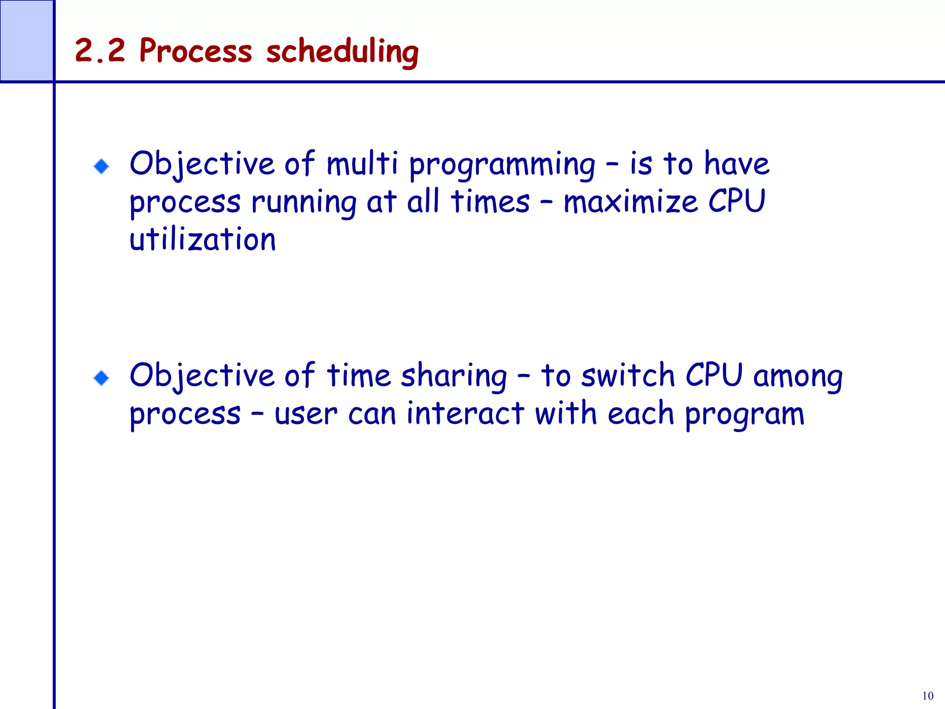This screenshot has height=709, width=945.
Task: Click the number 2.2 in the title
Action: point(100,51)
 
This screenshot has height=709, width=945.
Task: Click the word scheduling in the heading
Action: point(342,52)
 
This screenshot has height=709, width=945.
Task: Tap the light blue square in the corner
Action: point(27,41)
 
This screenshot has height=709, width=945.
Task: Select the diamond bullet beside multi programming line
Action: point(101,166)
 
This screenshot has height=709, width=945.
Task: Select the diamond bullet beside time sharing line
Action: point(101,378)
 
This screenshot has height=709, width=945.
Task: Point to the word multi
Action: point(362,164)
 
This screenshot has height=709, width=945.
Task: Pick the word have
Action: point(737,164)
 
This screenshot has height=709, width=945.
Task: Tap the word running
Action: point(304,203)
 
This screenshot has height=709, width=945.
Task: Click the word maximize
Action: point(630,202)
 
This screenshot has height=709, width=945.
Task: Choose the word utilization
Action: point(203,240)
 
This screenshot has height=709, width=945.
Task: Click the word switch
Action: point(628,375)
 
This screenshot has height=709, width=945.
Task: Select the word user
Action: point(305,414)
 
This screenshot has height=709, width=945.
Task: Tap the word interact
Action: point(465,413)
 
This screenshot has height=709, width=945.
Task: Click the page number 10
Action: point(927,696)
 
